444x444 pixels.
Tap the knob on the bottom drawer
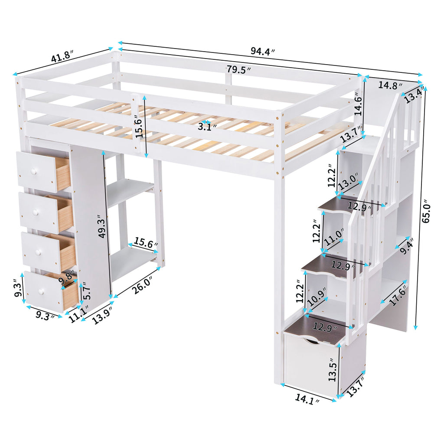tap(42, 291)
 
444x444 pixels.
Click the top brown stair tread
tap(343, 204)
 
